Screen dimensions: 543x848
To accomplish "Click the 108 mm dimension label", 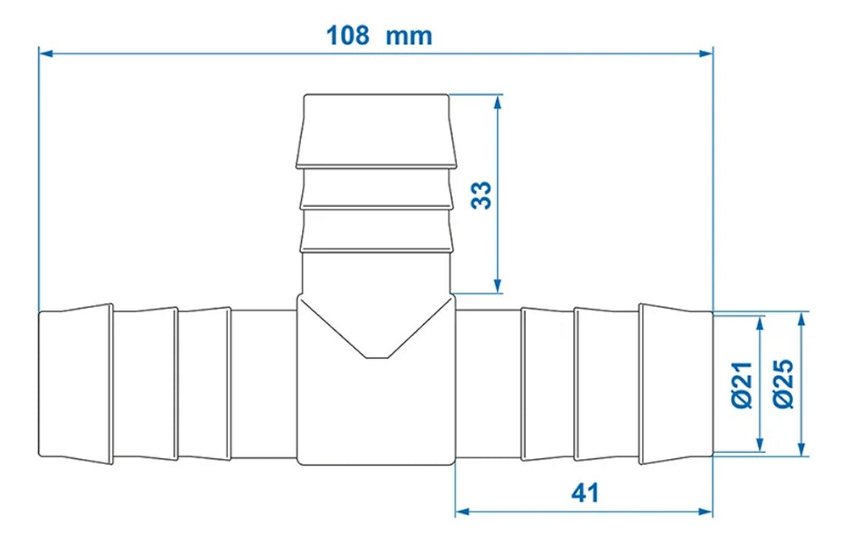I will [379, 36].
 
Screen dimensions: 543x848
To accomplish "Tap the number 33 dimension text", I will [481, 194].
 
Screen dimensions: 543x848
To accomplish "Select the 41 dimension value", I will [583, 492].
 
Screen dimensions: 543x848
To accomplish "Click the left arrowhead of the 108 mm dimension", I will [47, 53].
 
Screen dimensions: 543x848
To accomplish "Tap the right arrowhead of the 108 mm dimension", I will [706, 53].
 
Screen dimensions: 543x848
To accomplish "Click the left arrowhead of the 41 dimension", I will [463, 512].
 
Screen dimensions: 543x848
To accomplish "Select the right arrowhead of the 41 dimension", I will [706, 512].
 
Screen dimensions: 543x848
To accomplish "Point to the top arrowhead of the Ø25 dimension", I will [801, 319].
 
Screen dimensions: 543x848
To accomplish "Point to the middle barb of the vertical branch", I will [376, 187].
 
